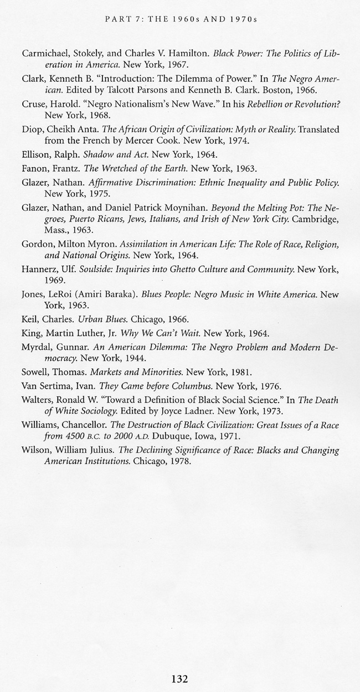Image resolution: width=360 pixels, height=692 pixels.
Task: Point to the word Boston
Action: (x=288, y=90)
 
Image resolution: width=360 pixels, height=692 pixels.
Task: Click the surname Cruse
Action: (x=34, y=104)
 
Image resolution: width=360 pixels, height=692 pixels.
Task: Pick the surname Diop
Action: (x=33, y=129)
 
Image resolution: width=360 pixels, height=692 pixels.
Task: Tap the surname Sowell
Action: (x=36, y=372)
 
